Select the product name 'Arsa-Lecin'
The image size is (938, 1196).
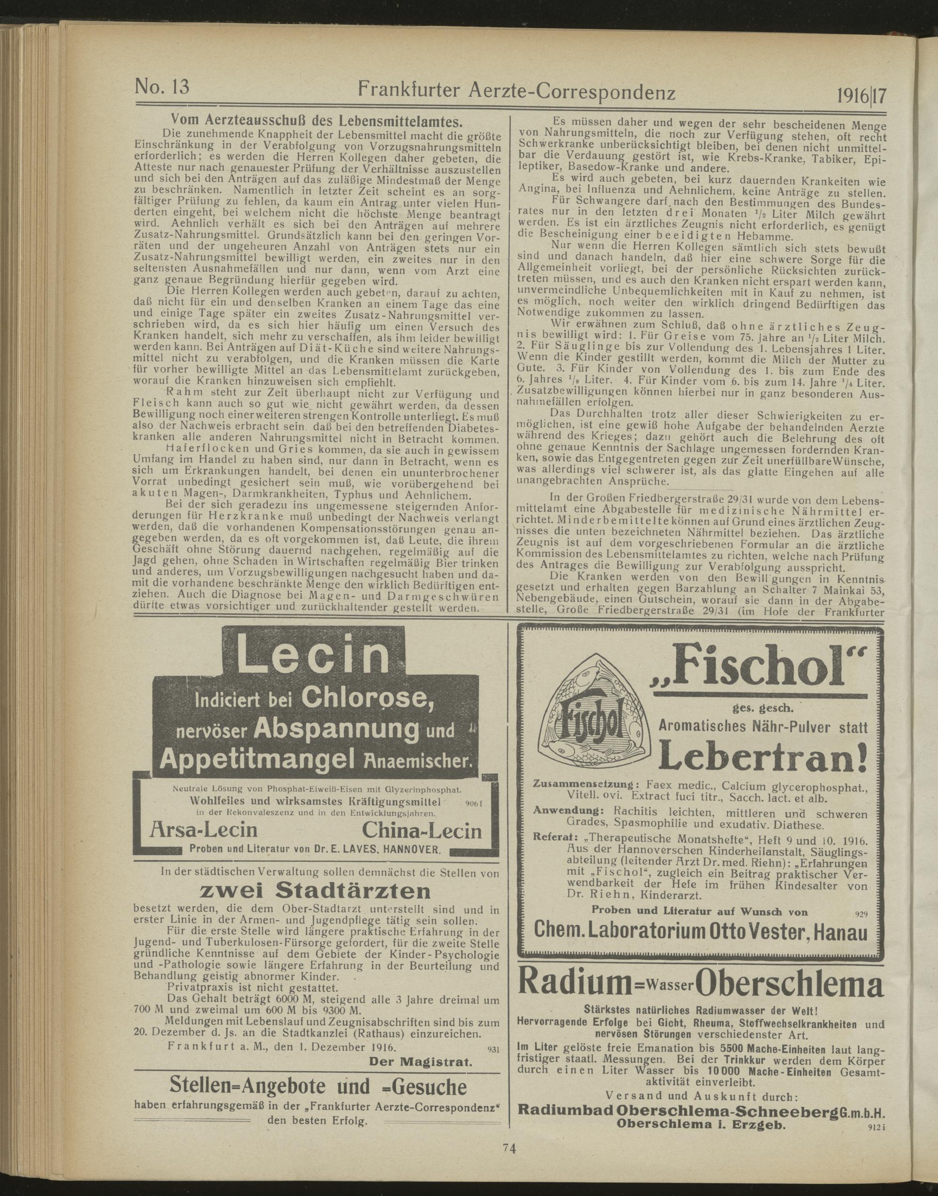pos(203,830)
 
